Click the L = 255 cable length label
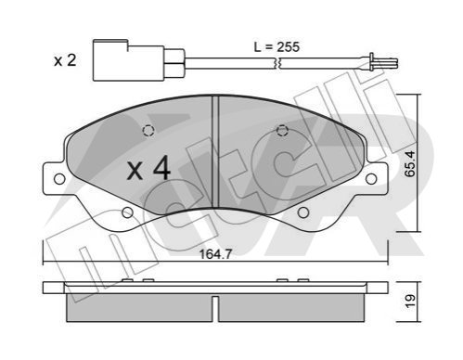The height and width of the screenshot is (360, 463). click(x=277, y=47)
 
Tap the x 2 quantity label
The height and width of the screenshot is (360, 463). click(x=65, y=60)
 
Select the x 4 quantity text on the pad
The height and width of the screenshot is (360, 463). click(x=148, y=168)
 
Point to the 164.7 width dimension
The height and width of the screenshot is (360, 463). click(x=215, y=254)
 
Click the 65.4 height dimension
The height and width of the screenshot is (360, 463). click(x=410, y=163)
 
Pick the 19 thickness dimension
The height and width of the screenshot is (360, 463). click(x=410, y=301)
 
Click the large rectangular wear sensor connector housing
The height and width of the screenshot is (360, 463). click(x=129, y=60)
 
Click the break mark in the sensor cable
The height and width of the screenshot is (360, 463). click(x=278, y=63)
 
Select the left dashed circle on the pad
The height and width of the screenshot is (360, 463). click(x=148, y=130)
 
